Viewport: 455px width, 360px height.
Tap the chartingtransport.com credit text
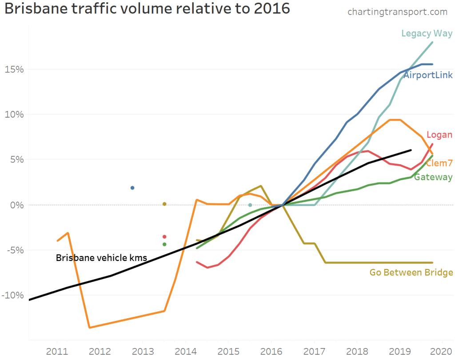[397, 12]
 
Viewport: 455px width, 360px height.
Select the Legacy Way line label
[427, 33]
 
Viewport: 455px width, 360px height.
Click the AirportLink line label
[428, 75]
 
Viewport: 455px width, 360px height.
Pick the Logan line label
[439, 135]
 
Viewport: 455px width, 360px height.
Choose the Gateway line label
[433, 178]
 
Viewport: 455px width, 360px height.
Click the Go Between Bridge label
[411, 273]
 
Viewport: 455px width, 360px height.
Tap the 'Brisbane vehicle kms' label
[101, 257]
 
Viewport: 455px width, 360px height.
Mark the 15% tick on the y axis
[15, 69]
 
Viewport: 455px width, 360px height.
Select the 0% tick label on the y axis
[17, 205]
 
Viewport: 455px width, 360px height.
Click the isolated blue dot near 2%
[132, 188]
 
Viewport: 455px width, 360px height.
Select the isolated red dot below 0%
[164, 237]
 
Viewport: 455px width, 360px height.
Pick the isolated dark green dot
[164, 244]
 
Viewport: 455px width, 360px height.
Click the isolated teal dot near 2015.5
[250, 205]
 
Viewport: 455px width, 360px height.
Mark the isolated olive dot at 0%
[164, 204]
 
